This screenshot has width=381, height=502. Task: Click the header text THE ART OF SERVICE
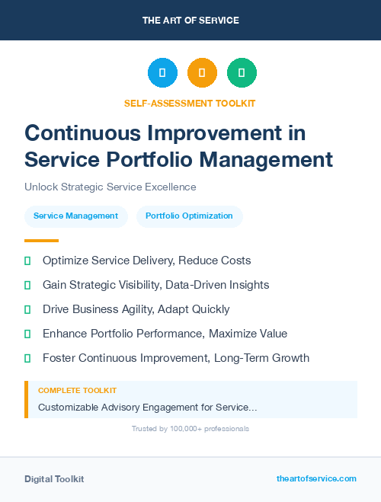(x=190, y=20)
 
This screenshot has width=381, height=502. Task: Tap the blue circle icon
(x=162, y=73)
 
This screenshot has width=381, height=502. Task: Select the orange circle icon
(x=202, y=73)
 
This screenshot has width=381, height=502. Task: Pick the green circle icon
(x=242, y=73)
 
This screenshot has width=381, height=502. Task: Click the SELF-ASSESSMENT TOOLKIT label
(x=190, y=103)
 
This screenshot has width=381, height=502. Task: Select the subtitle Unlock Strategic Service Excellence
(x=110, y=187)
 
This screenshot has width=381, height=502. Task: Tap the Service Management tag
(x=75, y=216)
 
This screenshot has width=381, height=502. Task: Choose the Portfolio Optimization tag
(x=189, y=216)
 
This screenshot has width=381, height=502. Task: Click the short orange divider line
(x=41, y=241)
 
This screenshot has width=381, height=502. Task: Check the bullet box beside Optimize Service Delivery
(x=27, y=261)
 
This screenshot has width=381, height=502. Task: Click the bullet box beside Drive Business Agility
(x=27, y=309)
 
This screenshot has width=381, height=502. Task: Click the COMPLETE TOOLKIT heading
(x=77, y=390)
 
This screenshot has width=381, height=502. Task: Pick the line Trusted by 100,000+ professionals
(x=190, y=429)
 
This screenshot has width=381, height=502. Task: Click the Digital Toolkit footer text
(x=54, y=479)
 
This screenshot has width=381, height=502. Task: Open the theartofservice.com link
(x=316, y=479)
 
